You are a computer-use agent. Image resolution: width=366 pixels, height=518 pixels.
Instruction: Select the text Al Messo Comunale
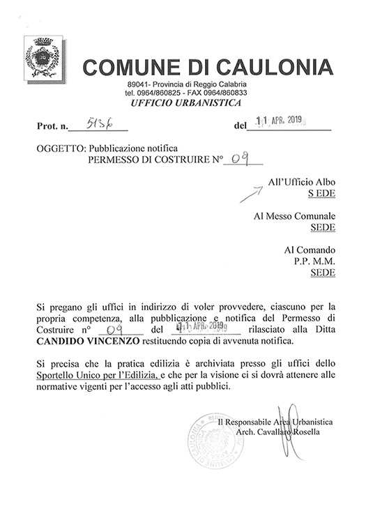click(x=295, y=216)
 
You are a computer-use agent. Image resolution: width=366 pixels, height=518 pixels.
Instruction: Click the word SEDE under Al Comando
click(x=322, y=274)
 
